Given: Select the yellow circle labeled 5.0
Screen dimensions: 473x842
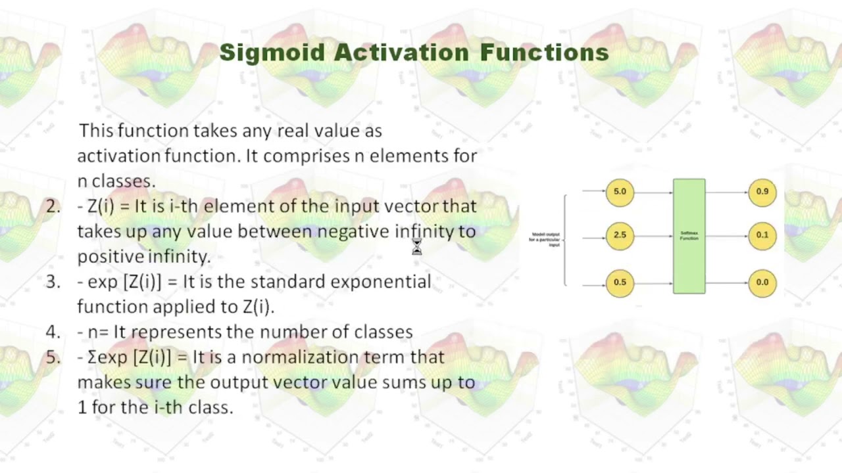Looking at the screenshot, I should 620,192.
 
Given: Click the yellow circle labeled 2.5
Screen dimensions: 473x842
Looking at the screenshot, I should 620,235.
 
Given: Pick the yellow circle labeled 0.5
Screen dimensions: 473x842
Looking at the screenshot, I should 620,283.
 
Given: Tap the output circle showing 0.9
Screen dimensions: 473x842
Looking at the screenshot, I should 762,192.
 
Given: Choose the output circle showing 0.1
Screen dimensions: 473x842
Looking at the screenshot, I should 762,235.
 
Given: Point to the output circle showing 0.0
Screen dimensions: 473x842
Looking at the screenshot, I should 762,283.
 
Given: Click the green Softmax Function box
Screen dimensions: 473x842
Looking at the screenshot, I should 689,236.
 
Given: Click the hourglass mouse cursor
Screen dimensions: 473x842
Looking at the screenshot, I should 416,247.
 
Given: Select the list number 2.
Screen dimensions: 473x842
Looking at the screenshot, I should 53,206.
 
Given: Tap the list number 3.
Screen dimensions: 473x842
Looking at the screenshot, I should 53,282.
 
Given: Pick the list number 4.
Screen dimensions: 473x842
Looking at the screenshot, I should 53,332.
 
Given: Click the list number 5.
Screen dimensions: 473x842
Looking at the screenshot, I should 53,357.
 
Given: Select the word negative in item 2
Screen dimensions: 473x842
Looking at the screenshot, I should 353,231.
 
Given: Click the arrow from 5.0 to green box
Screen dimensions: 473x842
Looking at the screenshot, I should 653,192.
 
